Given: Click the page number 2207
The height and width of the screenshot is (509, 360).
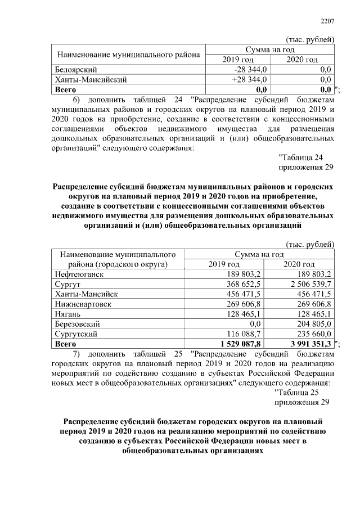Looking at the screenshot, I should [327, 21].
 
